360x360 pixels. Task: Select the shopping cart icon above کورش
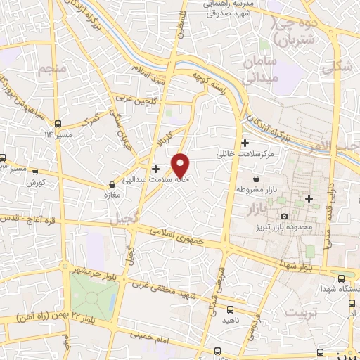(x=34, y=170)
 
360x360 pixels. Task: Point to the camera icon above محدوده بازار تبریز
(x=284, y=216)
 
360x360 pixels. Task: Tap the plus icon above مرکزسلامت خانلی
(x=245, y=143)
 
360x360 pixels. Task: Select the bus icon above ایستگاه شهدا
(x=341, y=278)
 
